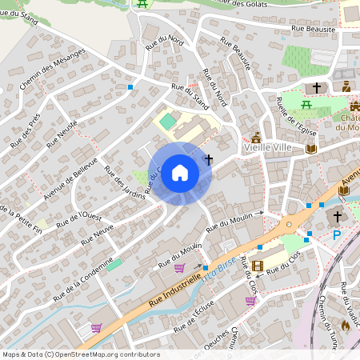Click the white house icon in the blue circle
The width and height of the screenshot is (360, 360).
click(x=180, y=173)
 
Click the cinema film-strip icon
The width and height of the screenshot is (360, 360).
click(x=257, y=266)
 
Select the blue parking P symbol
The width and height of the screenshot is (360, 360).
click(x=337, y=234)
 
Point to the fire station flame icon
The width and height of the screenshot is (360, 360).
click(x=345, y=326)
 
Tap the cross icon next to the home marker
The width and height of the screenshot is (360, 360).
click(x=209, y=159)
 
